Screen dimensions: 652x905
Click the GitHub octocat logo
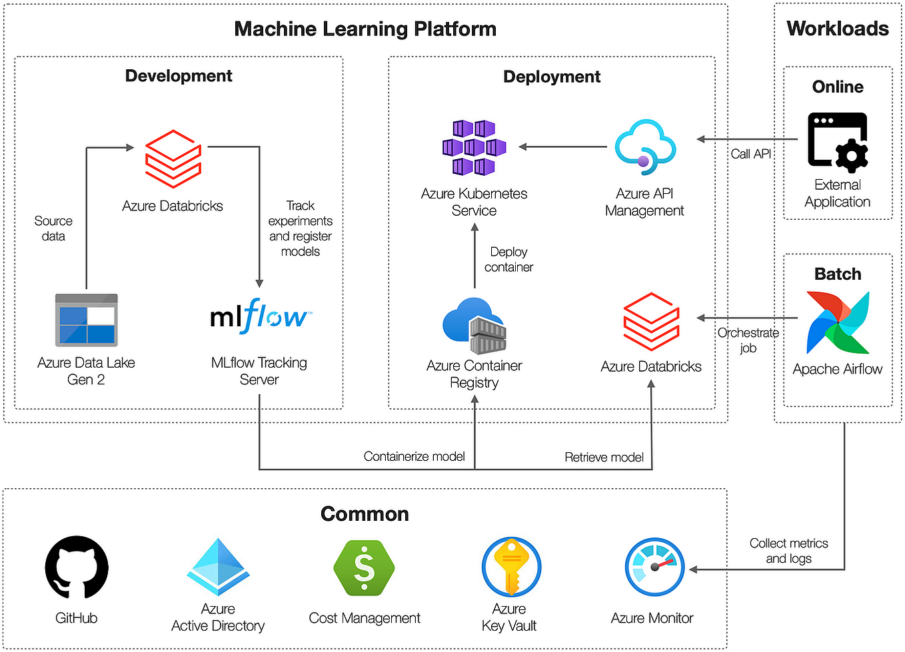(x=77, y=567)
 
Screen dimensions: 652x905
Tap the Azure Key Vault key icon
(x=511, y=567)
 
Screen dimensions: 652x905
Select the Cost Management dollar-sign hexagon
(x=364, y=567)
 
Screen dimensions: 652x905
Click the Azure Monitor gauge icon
(x=654, y=567)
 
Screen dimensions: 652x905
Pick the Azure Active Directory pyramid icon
(x=218, y=567)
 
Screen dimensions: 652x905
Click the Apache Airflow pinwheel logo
(x=838, y=322)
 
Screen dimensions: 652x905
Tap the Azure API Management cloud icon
(x=644, y=147)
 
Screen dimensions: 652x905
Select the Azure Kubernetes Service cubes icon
(x=474, y=148)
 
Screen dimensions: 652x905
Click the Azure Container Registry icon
(x=474, y=326)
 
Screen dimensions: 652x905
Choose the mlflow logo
(x=260, y=316)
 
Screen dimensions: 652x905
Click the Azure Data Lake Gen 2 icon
(x=86, y=320)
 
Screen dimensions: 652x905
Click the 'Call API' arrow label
(x=750, y=154)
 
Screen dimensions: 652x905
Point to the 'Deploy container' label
(x=508, y=260)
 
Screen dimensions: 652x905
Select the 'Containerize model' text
(x=414, y=456)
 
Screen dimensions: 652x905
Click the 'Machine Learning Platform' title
(x=365, y=29)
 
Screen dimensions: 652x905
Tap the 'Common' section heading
(x=365, y=514)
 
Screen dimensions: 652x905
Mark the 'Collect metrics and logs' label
(x=788, y=551)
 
